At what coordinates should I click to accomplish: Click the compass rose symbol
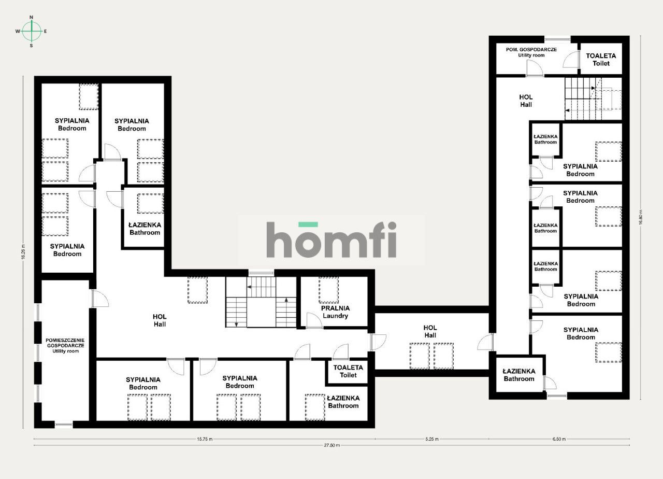[x=32, y=31]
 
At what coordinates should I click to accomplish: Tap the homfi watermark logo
[x=331, y=239]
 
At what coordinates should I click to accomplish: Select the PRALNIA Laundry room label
[x=335, y=312]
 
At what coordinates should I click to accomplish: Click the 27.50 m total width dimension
[x=331, y=445]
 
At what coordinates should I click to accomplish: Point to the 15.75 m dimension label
[x=205, y=439]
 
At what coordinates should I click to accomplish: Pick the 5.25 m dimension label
[x=432, y=439]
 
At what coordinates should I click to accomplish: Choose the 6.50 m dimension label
[x=559, y=439]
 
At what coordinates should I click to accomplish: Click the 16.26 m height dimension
[x=23, y=252]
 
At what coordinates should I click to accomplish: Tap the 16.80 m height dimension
[x=641, y=218]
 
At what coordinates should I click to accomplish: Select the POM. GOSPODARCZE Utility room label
[x=531, y=52]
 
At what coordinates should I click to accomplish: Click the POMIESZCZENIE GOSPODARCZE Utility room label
[x=65, y=345]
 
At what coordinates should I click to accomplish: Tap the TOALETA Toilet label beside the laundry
[x=348, y=371]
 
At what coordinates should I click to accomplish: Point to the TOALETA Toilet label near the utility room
[x=601, y=60]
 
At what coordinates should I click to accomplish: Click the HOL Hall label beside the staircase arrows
[x=526, y=101]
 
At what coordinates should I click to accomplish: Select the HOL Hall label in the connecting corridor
[x=430, y=331]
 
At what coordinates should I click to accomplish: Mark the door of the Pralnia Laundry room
[x=314, y=320]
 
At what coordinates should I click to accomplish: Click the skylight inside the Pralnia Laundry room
[x=328, y=290]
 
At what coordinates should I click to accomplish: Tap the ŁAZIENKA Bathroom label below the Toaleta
[x=343, y=402]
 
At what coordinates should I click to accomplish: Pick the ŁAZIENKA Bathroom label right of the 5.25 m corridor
[x=519, y=375]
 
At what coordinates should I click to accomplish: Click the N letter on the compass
[x=32, y=17]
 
